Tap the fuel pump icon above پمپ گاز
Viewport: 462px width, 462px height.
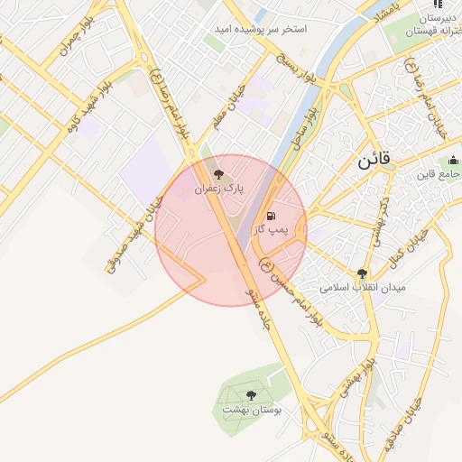272,216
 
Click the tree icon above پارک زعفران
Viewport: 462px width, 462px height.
217,172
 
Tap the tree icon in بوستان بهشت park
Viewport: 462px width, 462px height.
251,394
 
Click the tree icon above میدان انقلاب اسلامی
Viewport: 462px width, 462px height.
362,273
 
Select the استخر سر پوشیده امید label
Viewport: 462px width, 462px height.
260,30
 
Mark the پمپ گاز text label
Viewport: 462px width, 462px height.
272,231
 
